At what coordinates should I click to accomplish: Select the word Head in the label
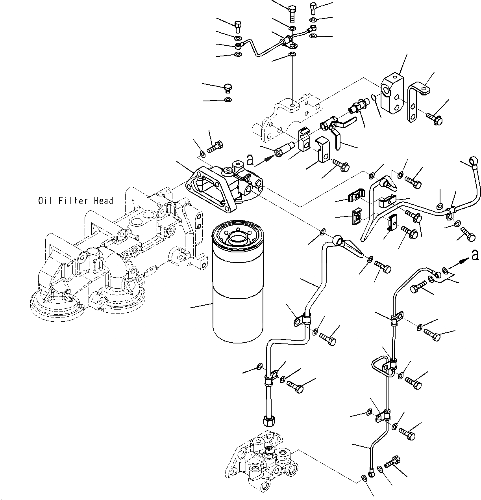click(x=103, y=201)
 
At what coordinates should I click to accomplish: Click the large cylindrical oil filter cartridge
click(x=238, y=281)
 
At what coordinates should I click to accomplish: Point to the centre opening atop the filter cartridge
click(x=238, y=236)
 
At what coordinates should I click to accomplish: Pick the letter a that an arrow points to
click(x=475, y=255)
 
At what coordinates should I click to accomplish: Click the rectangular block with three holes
click(x=392, y=93)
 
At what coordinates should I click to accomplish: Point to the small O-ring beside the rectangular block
click(x=374, y=97)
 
